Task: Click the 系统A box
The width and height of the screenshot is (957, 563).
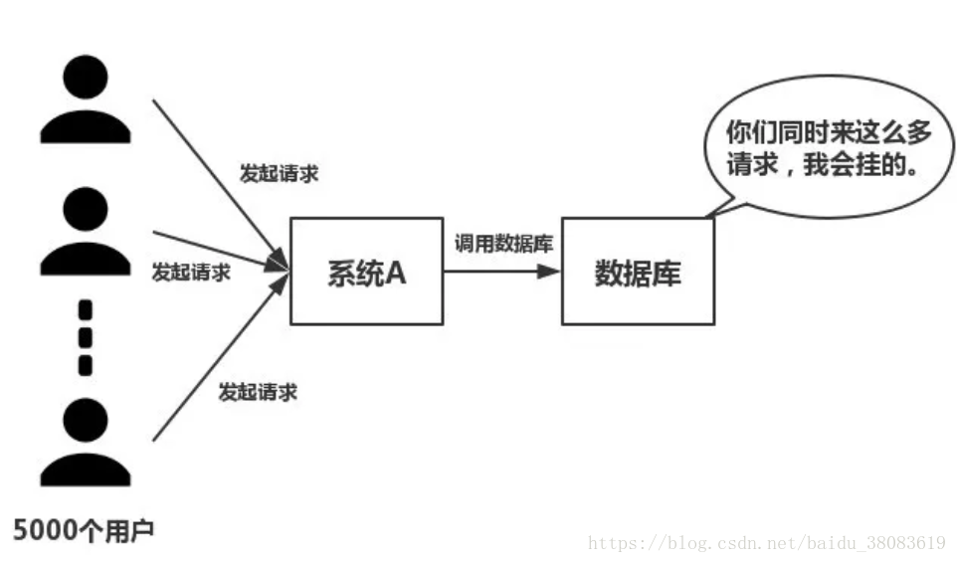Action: [x=366, y=271]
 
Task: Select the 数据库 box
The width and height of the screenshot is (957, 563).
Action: [x=638, y=271]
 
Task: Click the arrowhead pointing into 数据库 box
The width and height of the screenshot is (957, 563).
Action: [x=551, y=270]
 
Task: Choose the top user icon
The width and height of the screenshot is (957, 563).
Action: [x=85, y=99]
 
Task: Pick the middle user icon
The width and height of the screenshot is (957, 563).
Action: [x=85, y=232]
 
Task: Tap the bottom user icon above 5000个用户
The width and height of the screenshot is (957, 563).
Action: [x=85, y=443]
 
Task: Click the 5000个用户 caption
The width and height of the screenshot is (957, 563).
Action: [x=85, y=530]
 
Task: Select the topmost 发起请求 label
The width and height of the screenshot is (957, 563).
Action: [x=280, y=172]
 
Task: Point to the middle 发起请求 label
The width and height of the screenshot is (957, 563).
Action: [x=191, y=271]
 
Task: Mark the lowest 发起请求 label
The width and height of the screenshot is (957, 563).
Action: [x=258, y=392]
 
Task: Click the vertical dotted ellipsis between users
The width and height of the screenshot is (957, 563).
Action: [x=85, y=336]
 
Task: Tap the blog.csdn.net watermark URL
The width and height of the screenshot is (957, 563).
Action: [x=766, y=543]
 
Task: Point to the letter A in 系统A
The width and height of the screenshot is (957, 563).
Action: [x=395, y=272]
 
